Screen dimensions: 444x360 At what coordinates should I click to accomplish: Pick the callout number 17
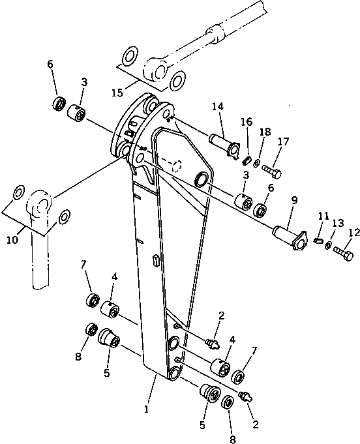(x=283, y=141)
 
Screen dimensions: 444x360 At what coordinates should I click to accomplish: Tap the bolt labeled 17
(x=273, y=171)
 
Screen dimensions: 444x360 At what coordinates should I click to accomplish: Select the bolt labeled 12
(x=343, y=250)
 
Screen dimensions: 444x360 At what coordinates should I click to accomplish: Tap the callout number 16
(x=246, y=123)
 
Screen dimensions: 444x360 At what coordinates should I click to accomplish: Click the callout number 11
(x=323, y=215)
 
